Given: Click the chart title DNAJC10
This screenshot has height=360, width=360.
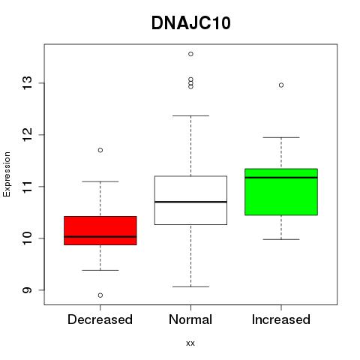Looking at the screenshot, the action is point(190,23).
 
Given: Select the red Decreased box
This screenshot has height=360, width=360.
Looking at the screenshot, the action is point(100,230).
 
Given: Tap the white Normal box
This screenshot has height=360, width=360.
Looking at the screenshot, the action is point(190,200).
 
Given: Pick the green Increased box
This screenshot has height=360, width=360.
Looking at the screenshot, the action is point(281,192).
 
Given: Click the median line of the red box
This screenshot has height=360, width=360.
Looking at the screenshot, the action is point(100,236).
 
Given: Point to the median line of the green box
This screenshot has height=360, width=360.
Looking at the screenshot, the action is point(281,178).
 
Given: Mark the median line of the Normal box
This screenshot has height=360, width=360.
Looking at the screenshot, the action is point(190,202).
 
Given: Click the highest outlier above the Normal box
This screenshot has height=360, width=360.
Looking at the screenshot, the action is point(190,54).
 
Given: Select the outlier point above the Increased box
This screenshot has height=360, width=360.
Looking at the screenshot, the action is point(281,85).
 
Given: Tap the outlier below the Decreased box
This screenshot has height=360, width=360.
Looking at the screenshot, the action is point(100,295).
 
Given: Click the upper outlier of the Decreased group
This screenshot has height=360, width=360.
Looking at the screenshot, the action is point(100,150).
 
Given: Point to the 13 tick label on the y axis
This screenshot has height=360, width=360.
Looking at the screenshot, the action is point(28,83).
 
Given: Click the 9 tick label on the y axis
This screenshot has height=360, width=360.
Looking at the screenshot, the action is point(28,290).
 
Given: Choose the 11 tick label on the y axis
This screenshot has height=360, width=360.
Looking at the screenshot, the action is point(28,187).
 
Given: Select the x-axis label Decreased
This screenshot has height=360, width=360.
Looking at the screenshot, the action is point(100,319).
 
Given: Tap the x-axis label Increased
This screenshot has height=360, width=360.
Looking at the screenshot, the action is point(281,319).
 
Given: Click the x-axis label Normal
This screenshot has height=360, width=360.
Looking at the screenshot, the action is point(190,319).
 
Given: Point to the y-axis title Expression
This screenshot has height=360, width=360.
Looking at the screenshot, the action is point(7,174).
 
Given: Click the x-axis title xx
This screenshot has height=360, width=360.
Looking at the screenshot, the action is point(190,343).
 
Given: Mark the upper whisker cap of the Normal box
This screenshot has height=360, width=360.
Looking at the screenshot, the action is point(190,115).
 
